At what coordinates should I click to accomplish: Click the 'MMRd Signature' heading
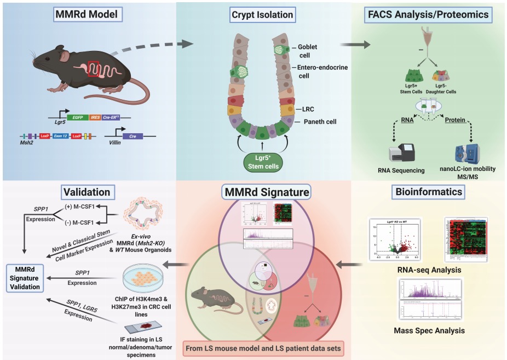coord(266,192)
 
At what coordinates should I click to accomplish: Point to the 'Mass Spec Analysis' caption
coord(429,330)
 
